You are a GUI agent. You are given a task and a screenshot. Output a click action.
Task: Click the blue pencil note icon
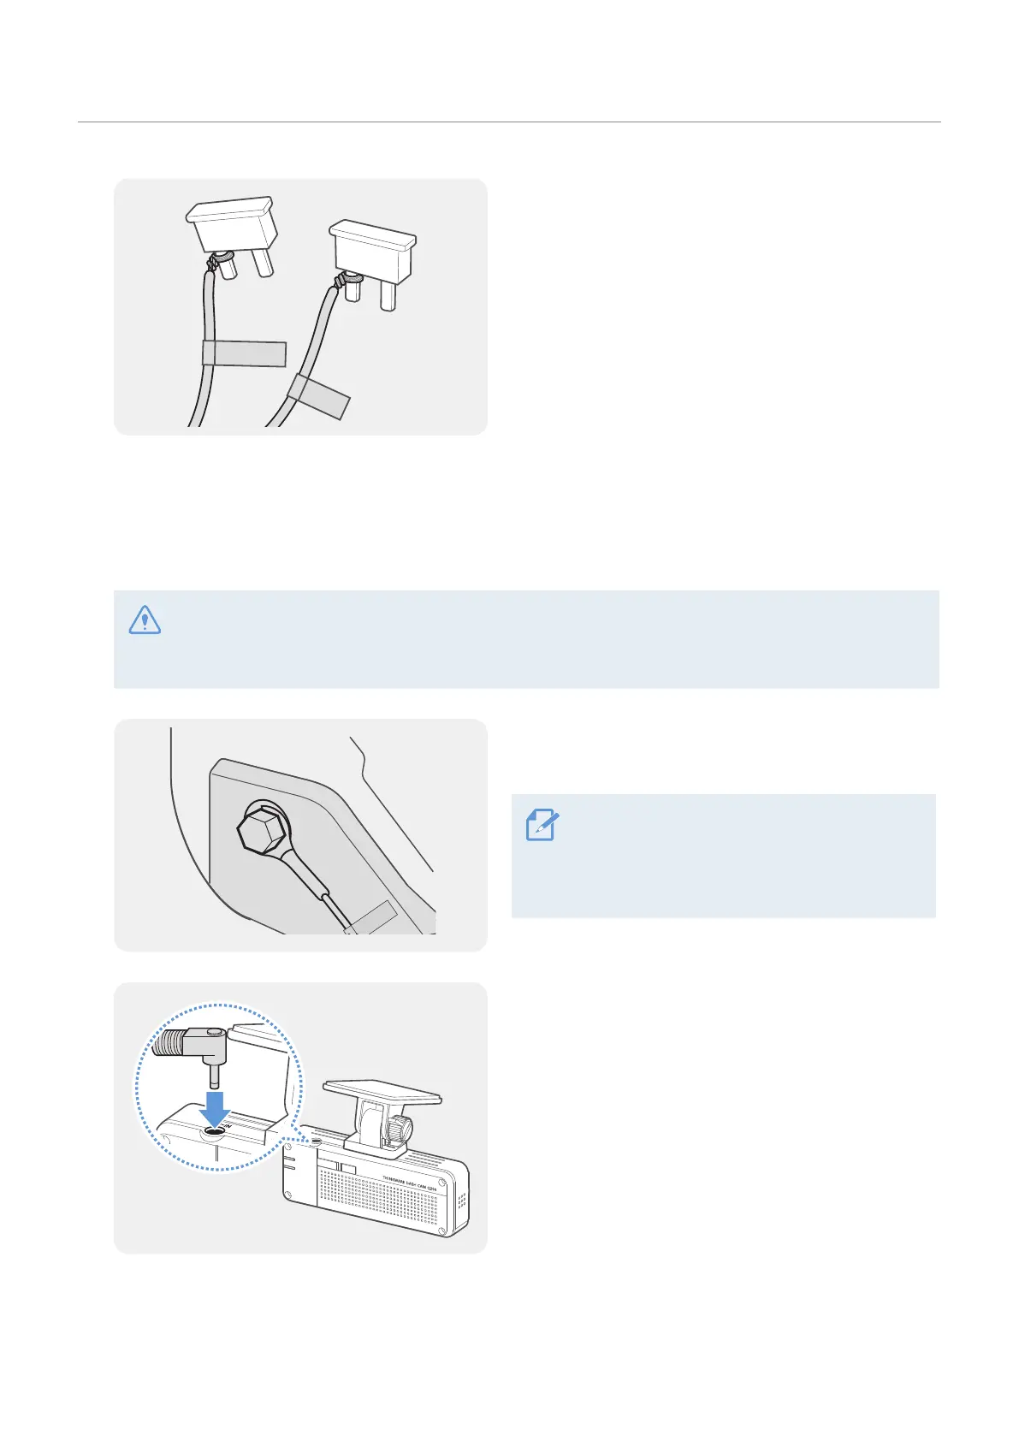pos(542,825)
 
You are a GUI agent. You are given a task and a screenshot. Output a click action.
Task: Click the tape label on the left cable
pos(244,353)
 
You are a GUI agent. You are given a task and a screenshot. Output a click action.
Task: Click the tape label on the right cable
pos(318,396)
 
